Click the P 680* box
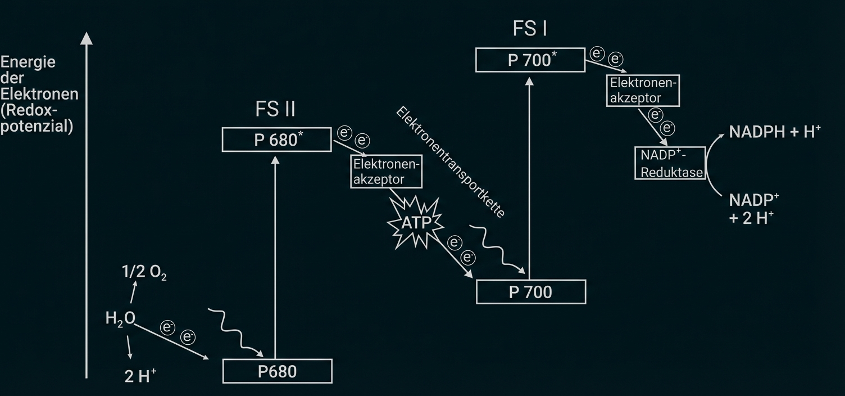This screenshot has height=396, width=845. click(x=276, y=139)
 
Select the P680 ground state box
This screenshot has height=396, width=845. click(x=278, y=371)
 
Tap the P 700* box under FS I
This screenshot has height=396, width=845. click(x=530, y=60)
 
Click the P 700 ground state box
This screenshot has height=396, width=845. click(x=530, y=291)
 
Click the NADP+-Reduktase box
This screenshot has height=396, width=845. click(x=669, y=163)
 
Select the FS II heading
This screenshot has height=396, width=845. click(x=275, y=109)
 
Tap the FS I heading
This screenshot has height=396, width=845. click(x=529, y=29)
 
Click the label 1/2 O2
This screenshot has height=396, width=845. click(x=144, y=273)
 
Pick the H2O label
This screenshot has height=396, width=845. click(x=120, y=319)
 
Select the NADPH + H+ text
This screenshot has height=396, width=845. click(x=775, y=132)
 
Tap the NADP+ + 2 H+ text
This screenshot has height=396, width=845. click(x=754, y=209)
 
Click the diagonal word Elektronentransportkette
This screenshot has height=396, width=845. click(x=451, y=162)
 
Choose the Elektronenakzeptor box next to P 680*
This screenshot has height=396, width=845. click(x=387, y=172)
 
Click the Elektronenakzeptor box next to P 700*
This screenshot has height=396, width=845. click(x=644, y=90)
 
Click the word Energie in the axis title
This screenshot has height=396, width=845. click(x=28, y=61)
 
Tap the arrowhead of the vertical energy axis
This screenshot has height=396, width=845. click(x=86, y=38)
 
